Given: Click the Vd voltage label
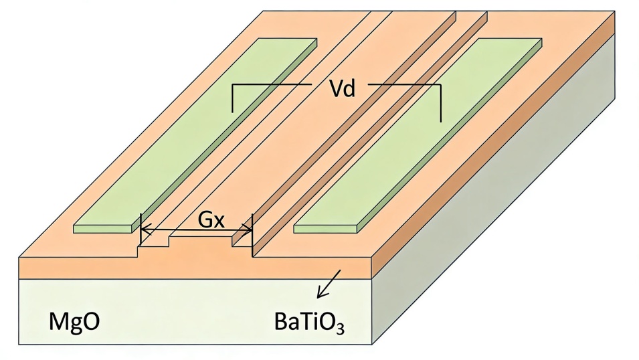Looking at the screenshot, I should [342, 89].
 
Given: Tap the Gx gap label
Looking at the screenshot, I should [211, 219].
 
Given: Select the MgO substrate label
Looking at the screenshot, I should [74, 321].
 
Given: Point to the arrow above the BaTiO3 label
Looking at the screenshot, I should [329, 284].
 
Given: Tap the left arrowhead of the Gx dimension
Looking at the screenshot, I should [145, 231].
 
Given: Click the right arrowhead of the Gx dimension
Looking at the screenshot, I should [249, 231].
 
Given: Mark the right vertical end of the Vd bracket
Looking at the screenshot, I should [441, 104].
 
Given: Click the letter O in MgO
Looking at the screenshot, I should [91, 322].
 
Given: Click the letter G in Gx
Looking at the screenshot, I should [205, 219].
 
